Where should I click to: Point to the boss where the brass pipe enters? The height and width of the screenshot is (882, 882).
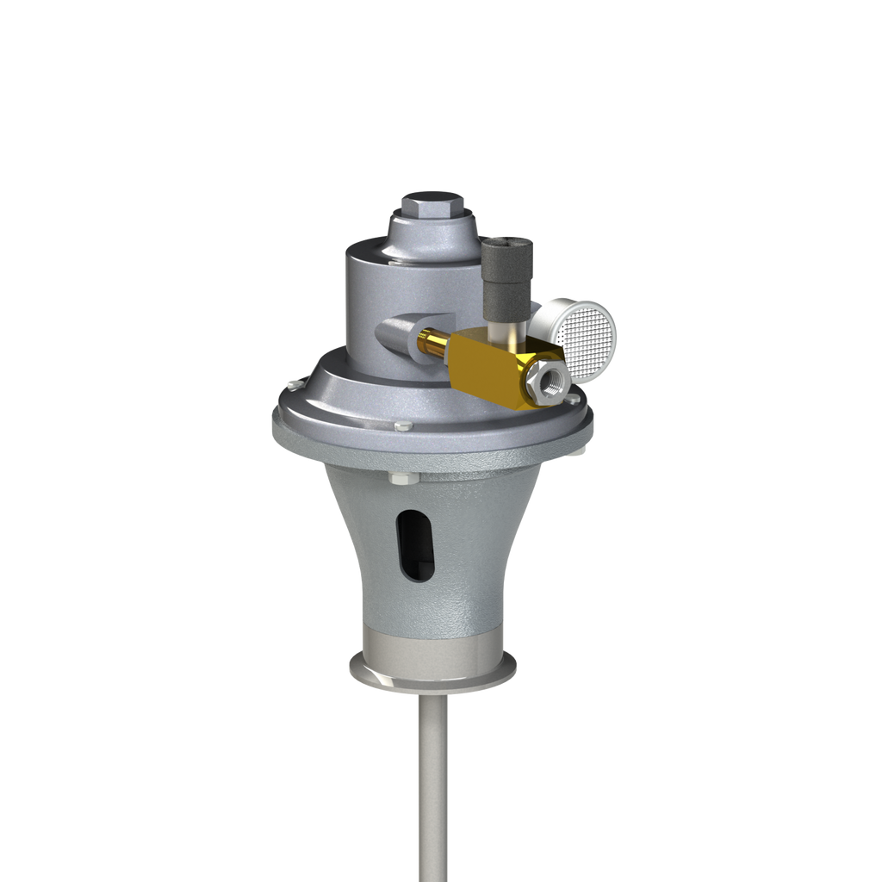click(x=397, y=332)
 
